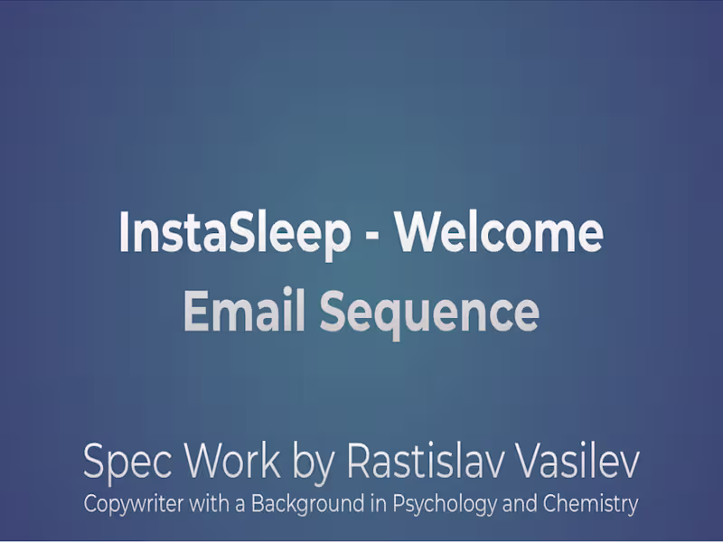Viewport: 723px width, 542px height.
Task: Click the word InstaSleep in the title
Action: (x=234, y=233)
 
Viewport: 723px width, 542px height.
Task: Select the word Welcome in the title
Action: (x=500, y=233)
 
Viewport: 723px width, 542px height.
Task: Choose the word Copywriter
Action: (x=136, y=504)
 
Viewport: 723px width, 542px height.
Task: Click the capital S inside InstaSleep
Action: (x=239, y=233)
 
